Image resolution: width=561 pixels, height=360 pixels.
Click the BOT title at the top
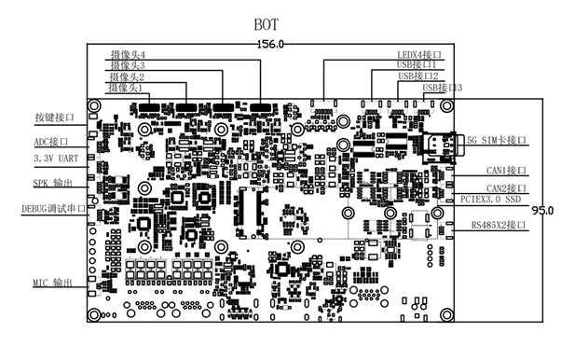[268, 21]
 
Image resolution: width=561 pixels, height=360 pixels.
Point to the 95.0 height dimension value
[543, 208]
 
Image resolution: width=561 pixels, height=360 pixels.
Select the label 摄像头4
[129, 56]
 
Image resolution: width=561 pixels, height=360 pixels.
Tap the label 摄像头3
[129, 66]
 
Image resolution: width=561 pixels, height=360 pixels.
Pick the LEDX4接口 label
[421, 55]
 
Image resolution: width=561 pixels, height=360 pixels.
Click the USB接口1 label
[421, 65]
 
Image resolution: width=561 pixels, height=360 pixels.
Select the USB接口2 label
[421, 76]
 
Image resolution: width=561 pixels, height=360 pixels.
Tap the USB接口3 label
[442, 88]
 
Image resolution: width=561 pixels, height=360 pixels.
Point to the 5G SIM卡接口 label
[497, 141]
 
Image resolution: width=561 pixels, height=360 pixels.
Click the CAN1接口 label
[506, 171]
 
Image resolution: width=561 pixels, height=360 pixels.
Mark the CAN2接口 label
[506, 188]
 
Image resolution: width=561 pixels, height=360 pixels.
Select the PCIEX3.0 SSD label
[494, 200]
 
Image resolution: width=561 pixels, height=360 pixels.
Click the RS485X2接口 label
[499, 225]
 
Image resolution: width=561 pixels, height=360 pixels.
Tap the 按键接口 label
[54, 119]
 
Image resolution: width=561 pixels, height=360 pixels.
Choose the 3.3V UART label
[57, 160]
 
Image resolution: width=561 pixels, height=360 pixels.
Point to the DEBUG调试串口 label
[54, 210]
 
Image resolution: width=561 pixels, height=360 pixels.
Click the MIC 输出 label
[54, 283]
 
